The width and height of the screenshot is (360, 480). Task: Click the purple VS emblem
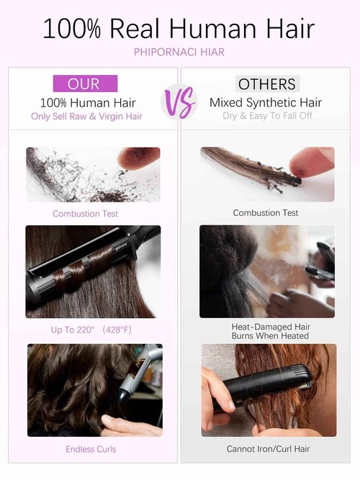point(179,103)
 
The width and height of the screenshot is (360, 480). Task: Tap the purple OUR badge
point(85,83)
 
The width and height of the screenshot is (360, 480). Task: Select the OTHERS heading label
point(267,84)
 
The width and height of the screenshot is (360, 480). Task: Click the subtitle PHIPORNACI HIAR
point(179,52)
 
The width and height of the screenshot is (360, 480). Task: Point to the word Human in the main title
point(212,29)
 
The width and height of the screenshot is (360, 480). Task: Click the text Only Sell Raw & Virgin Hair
point(86,117)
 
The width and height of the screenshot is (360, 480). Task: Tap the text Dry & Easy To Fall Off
point(267,116)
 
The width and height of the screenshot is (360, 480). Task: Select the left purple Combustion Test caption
point(85,213)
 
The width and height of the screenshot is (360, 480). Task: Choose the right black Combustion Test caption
point(266,212)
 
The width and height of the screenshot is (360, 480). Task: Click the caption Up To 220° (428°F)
point(91,330)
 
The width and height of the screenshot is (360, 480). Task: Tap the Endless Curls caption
point(91,449)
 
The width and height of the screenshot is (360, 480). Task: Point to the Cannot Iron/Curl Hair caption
point(268,449)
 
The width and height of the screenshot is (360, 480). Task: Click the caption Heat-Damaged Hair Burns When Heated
point(271,331)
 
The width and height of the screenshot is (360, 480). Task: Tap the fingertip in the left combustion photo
point(139,158)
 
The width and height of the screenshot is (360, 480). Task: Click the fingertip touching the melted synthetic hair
point(311,162)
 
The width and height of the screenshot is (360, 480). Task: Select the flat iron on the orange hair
point(264,385)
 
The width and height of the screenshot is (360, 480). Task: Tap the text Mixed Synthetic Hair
point(266,103)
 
